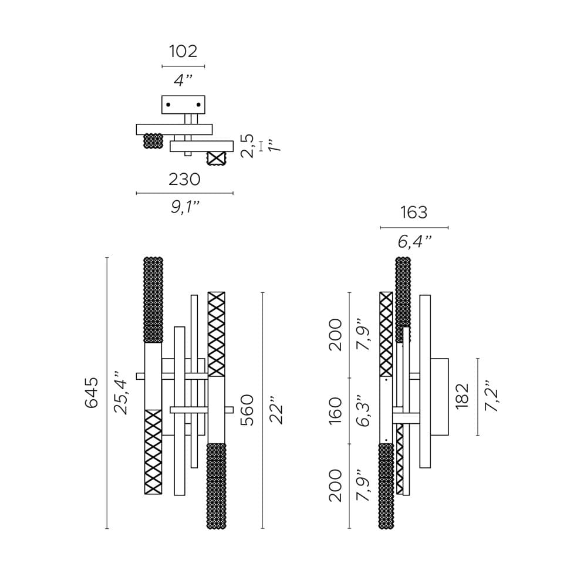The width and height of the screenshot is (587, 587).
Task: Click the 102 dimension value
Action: [183, 52]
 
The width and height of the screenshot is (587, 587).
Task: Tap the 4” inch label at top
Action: [183, 80]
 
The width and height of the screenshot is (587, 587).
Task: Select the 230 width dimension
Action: [184, 179]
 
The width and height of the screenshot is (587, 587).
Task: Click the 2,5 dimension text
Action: [248, 146]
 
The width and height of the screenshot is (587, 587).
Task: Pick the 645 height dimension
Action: [92, 393]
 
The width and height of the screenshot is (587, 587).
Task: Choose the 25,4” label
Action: [121, 393]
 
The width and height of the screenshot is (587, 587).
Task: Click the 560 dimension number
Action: [247, 410]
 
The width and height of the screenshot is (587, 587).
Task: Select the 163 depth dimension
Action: [414, 212]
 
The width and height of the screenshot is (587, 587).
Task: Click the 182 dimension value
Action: [462, 396]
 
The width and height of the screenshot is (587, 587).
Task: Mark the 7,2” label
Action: [491, 396]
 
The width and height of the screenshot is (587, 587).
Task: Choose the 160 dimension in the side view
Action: [335, 410]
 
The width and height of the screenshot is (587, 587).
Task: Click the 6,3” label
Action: [364, 410]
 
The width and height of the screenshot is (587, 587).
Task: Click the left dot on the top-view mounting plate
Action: [168, 105]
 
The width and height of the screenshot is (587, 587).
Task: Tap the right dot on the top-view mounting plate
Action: [198, 105]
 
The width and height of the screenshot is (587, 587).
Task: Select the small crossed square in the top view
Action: [217, 158]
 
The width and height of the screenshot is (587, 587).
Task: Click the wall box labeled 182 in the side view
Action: [440, 397]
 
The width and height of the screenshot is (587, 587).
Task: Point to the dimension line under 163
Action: [414, 227]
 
